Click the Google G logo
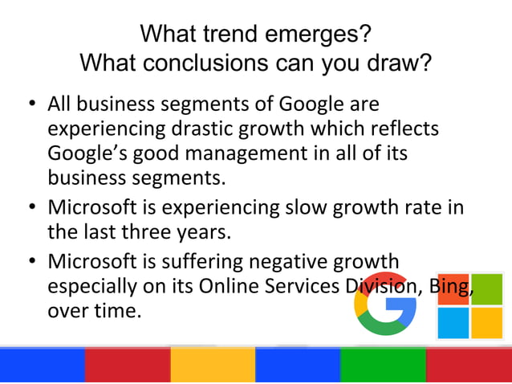click(x=385, y=304)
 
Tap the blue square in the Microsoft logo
click(x=453, y=323)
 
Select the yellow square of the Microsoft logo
click(x=486, y=323)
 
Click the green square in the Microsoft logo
click(x=486, y=290)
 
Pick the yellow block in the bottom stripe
click(x=213, y=364)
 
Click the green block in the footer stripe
click(x=383, y=364)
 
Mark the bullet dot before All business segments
click(x=30, y=105)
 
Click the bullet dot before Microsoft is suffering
click(x=30, y=263)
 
